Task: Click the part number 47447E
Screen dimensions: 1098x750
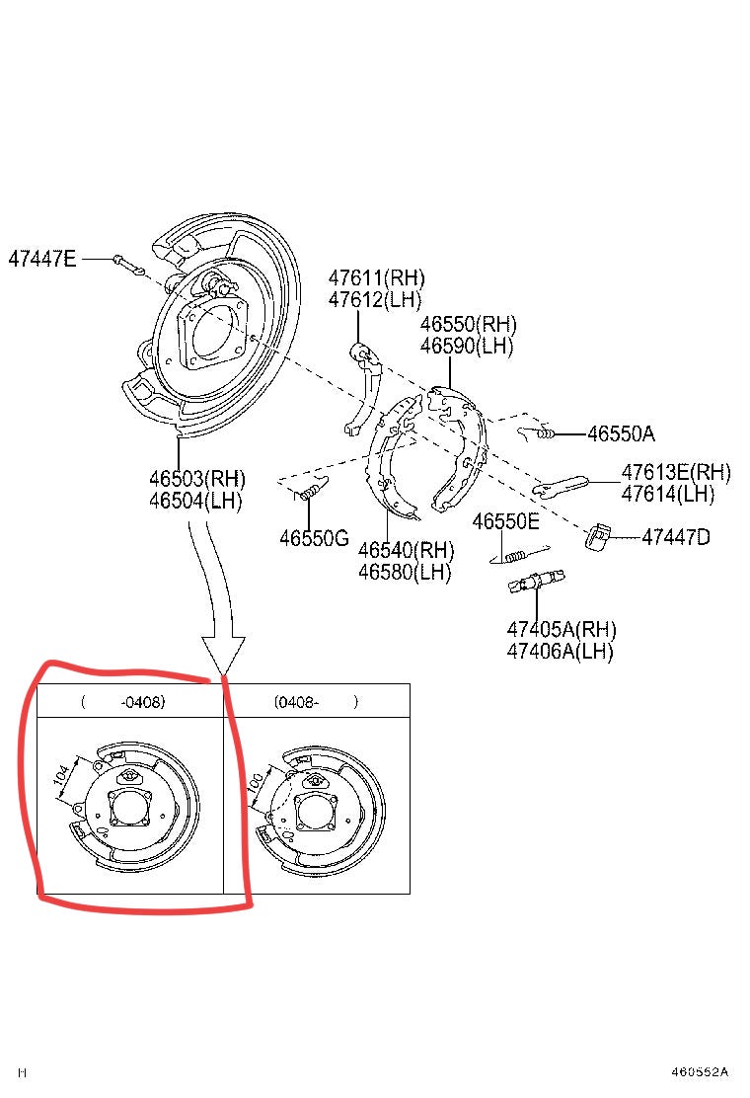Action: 41,259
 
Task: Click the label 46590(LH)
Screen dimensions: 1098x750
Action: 468,346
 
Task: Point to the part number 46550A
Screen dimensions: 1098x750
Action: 621,432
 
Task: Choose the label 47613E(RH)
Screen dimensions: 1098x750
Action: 676,472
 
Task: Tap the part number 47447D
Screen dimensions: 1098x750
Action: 676,537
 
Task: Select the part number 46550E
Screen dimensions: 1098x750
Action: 505,521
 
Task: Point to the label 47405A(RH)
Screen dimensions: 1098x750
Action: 561,629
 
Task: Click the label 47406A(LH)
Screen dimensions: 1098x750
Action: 560,651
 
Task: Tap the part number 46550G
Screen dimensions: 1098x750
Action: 314,538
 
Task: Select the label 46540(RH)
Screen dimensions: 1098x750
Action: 406,549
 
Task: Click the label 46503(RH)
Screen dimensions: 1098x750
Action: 196,479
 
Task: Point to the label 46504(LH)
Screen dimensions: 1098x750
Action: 195,501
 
